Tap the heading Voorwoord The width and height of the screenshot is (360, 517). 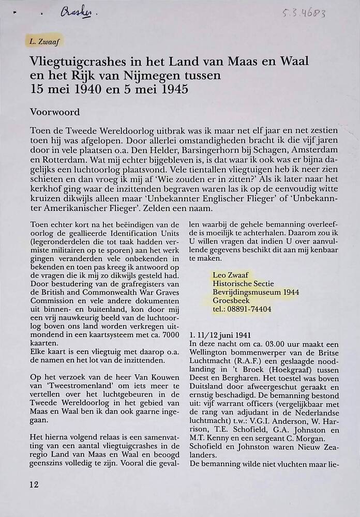55,111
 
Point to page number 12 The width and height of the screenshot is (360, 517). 34,484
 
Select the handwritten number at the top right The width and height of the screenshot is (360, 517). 304,13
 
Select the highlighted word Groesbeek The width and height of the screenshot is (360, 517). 231,300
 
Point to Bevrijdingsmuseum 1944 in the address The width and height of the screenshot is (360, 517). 256,292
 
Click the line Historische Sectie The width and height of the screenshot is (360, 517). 243,283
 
